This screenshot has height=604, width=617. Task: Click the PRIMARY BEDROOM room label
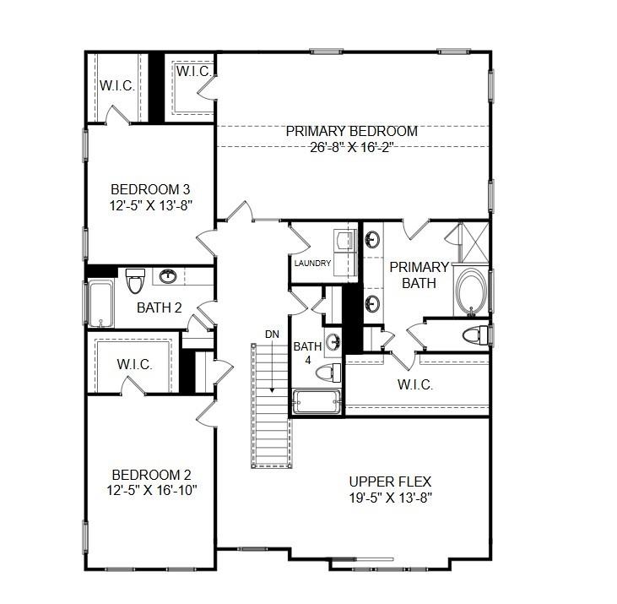point(351,131)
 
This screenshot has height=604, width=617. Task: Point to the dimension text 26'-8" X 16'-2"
point(351,146)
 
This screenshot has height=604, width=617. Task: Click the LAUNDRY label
point(312,264)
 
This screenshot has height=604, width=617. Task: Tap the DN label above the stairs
point(272,335)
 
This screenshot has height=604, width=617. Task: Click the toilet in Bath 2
point(135,279)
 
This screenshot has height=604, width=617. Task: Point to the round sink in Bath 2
point(169,276)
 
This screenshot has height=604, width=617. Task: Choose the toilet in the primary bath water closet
point(475,335)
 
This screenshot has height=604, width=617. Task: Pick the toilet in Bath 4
point(335,373)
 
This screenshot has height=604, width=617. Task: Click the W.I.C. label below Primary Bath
point(414,384)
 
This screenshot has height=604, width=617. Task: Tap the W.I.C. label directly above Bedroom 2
point(134,364)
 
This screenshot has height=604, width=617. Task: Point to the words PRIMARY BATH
point(419,275)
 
